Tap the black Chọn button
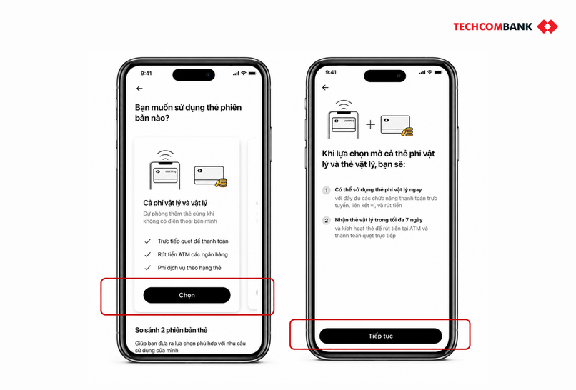[187, 295]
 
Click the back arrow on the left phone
[139, 89]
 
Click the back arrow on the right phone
[325, 87]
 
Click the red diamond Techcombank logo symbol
[547, 27]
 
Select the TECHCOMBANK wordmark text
[492, 27]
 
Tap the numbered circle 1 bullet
[326, 190]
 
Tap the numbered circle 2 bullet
[326, 220]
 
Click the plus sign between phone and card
[370, 125]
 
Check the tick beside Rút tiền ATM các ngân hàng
[148, 254]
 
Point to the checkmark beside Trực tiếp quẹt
[148, 241]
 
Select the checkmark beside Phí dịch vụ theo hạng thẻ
[148, 268]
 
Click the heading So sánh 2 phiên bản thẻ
[172, 330]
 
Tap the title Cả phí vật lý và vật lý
[175, 203]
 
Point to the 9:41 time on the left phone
[147, 73]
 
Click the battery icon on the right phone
[438, 72]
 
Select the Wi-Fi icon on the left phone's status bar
[243, 73]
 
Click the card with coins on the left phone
[211, 176]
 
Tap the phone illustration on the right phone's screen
[344, 119]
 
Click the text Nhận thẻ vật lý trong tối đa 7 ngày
[379, 220]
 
